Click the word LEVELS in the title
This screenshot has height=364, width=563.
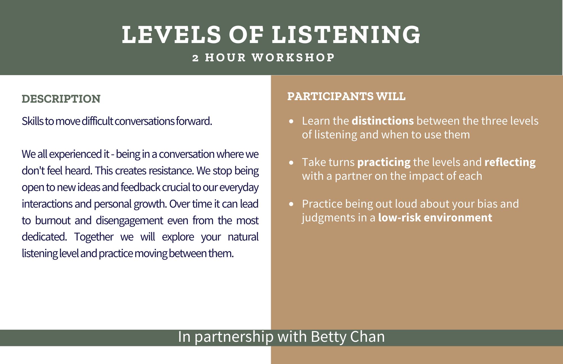[x=171, y=35]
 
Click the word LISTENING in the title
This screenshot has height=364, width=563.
[x=346, y=35]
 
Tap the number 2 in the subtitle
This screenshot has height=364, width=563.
[x=196, y=58]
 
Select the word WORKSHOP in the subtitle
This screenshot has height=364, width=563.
[x=293, y=58]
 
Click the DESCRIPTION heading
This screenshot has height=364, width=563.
[x=61, y=99]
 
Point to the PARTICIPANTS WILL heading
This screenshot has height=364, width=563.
[x=346, y=96]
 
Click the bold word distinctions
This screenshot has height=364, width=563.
[x=383, y=121]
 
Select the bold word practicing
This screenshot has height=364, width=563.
[x=384, y=163]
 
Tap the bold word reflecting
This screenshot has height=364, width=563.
[x=510, y=163]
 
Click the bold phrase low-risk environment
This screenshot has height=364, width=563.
[x=435, y=218]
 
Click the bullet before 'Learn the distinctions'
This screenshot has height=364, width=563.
[x=291, y=122]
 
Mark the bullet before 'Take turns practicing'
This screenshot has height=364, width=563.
[x=291, y=163]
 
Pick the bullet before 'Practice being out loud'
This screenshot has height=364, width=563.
[x=291, y=204]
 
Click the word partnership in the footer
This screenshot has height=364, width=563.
[x=234, y=337]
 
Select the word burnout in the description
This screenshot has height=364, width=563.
[x=53, y=221]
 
